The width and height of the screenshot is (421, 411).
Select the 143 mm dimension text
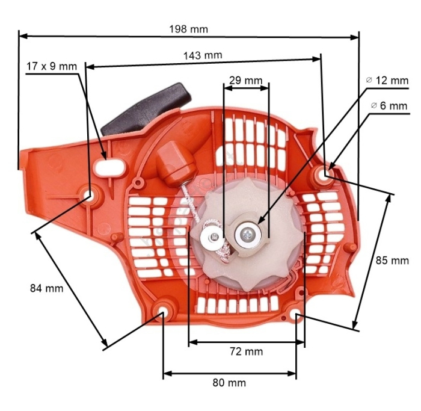(203, 55)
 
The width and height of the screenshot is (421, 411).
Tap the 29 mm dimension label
(245, 79)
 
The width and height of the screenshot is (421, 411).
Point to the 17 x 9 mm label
(52, 66)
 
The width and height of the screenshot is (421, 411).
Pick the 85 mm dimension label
(392, 261)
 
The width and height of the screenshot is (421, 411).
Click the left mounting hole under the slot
(90, 194)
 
